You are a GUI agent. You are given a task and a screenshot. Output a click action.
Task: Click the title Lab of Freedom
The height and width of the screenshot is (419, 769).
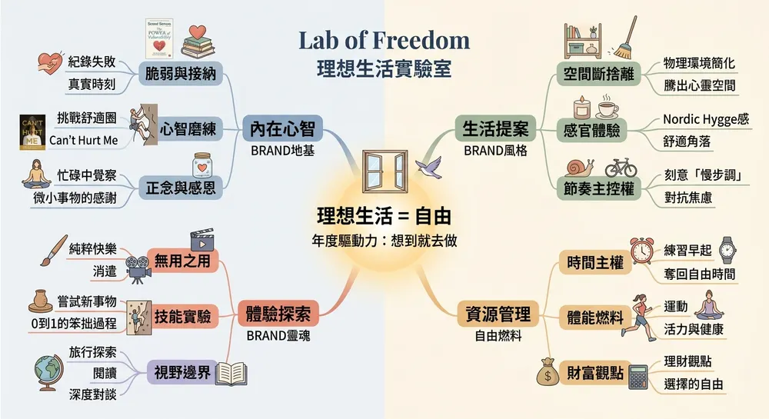pyautogui.click(x=384, y=40)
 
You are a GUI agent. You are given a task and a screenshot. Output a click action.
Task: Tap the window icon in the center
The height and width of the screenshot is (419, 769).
pyautogui.click(x=382, y=173)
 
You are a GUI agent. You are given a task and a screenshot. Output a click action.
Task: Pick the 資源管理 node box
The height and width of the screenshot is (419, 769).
pyautogui.click(x=498, y=314)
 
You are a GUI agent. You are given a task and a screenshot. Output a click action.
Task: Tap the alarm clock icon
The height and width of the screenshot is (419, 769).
pyautogui.click(x=641, y=251)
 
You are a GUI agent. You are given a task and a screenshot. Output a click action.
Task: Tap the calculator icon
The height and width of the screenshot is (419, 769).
pyautogui.click(x=638, y=377)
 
